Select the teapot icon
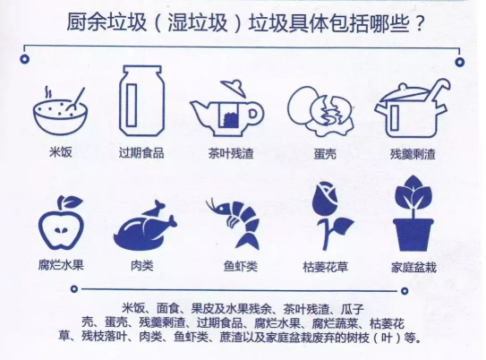(x=226, y=107)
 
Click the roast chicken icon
(x=143, y=224)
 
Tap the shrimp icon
(x=234, y=222)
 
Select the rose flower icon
(x=327, y=215)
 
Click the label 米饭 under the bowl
(x=60, y=152)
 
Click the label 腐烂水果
(x=60, y=266)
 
